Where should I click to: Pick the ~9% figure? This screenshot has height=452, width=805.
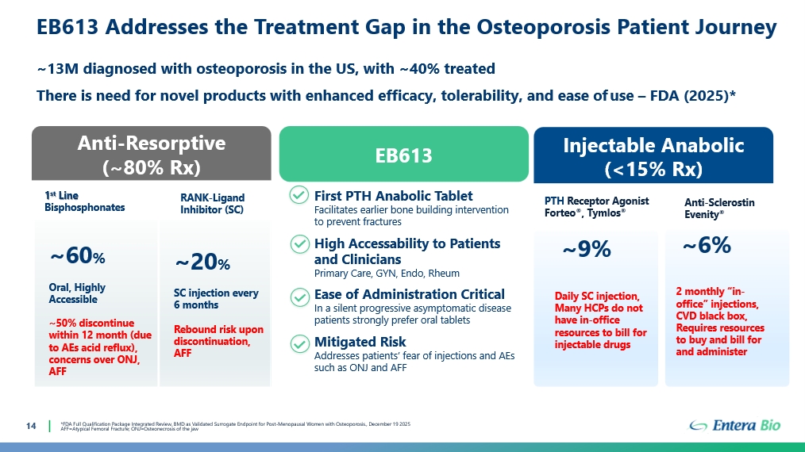coord(586,250)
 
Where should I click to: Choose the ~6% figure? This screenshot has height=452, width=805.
coord(707,246)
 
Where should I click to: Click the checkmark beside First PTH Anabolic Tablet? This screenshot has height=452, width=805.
coord(299,196)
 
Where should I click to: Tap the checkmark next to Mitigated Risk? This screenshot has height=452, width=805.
coord(299,343)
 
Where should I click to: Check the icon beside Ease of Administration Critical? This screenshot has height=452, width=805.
coord(299,296)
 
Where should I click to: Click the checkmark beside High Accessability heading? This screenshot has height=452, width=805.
coord(299,244)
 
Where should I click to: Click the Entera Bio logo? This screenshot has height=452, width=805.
coord(735,426)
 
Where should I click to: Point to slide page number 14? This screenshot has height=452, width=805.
coord(32,427)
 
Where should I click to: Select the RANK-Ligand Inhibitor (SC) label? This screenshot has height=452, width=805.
coord(212,204)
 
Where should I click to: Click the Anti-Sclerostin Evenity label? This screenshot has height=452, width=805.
coord(719,209)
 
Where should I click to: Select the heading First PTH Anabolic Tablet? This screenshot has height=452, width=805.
coord(393,196)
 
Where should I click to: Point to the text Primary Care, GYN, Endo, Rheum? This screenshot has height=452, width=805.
coord(387,274)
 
